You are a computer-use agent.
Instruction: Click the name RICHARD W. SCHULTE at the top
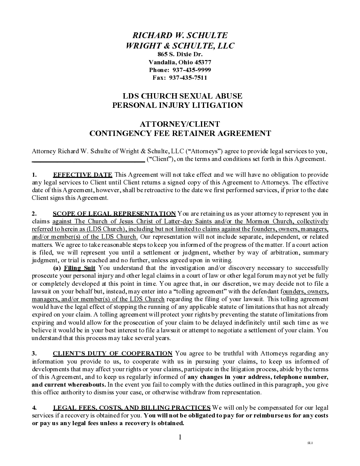coord(180,35)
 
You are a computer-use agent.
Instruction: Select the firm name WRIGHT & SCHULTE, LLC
coord(180,46)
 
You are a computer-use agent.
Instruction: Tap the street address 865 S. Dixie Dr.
coord(180,54)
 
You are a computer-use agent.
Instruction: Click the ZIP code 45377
coord(203,62)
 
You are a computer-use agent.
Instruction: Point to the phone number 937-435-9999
coord(191,70)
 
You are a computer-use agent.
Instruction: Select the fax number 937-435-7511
coord(188,77)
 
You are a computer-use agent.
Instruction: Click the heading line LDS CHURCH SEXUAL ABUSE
coord(183,96)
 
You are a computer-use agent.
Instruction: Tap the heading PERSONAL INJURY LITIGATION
coord(177,105)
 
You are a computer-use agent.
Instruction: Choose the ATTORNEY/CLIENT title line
coord(180,124)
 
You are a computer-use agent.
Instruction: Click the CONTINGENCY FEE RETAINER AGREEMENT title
coord(180,133)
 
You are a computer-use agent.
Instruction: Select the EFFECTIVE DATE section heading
coord(83,175)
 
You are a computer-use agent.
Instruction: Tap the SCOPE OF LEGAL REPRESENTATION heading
coord(114,213)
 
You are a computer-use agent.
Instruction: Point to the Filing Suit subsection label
coord(80,268)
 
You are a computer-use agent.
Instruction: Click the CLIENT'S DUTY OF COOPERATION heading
coord(112,353)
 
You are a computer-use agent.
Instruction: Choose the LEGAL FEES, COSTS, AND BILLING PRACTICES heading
coord(132,407)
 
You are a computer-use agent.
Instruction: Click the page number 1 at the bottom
coord(179,437)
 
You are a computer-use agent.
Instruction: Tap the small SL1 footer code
coord(310,443)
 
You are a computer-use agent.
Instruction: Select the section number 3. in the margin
coord(34,353)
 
